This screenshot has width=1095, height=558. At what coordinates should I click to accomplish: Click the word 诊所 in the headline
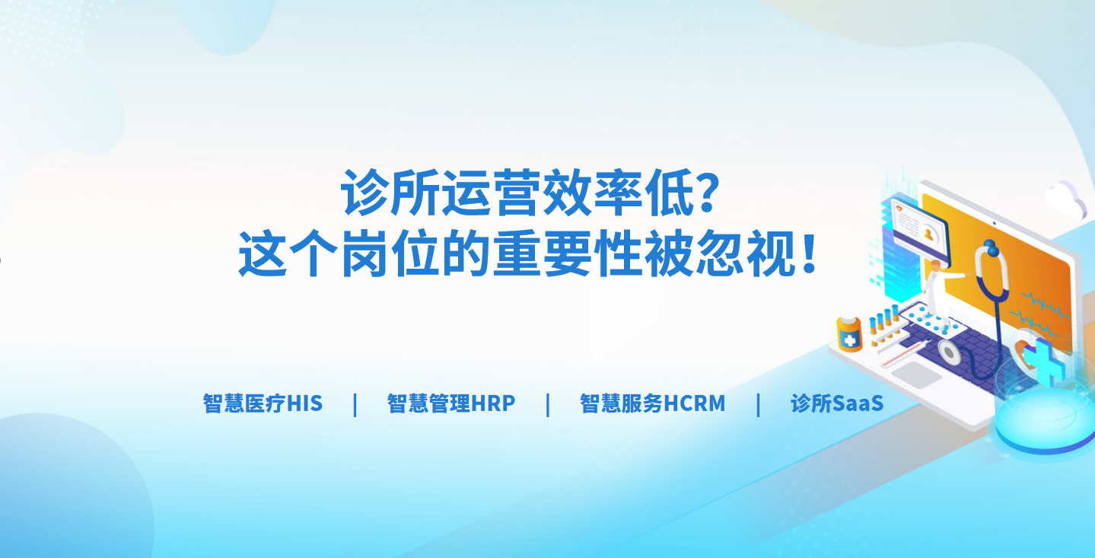coord(390,192)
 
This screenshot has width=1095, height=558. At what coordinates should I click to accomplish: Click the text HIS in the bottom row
coord(304,403)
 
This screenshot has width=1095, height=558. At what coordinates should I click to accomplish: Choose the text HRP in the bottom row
coord(493,403)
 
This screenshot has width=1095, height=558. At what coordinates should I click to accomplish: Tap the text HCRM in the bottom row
coord(694,403)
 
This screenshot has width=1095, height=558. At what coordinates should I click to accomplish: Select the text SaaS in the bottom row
coord(858,403)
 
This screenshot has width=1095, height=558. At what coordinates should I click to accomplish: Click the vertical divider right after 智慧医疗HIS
coord(355,405)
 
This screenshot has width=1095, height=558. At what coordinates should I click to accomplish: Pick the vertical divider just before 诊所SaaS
coord(758,405)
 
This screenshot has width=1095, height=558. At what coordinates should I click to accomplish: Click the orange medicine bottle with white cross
coord(850,334)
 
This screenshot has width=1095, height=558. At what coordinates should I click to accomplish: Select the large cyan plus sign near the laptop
coord(1044,361)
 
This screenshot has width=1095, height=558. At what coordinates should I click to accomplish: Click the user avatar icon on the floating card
coord(928,234)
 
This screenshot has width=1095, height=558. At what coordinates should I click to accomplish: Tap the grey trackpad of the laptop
coord(917,375)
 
